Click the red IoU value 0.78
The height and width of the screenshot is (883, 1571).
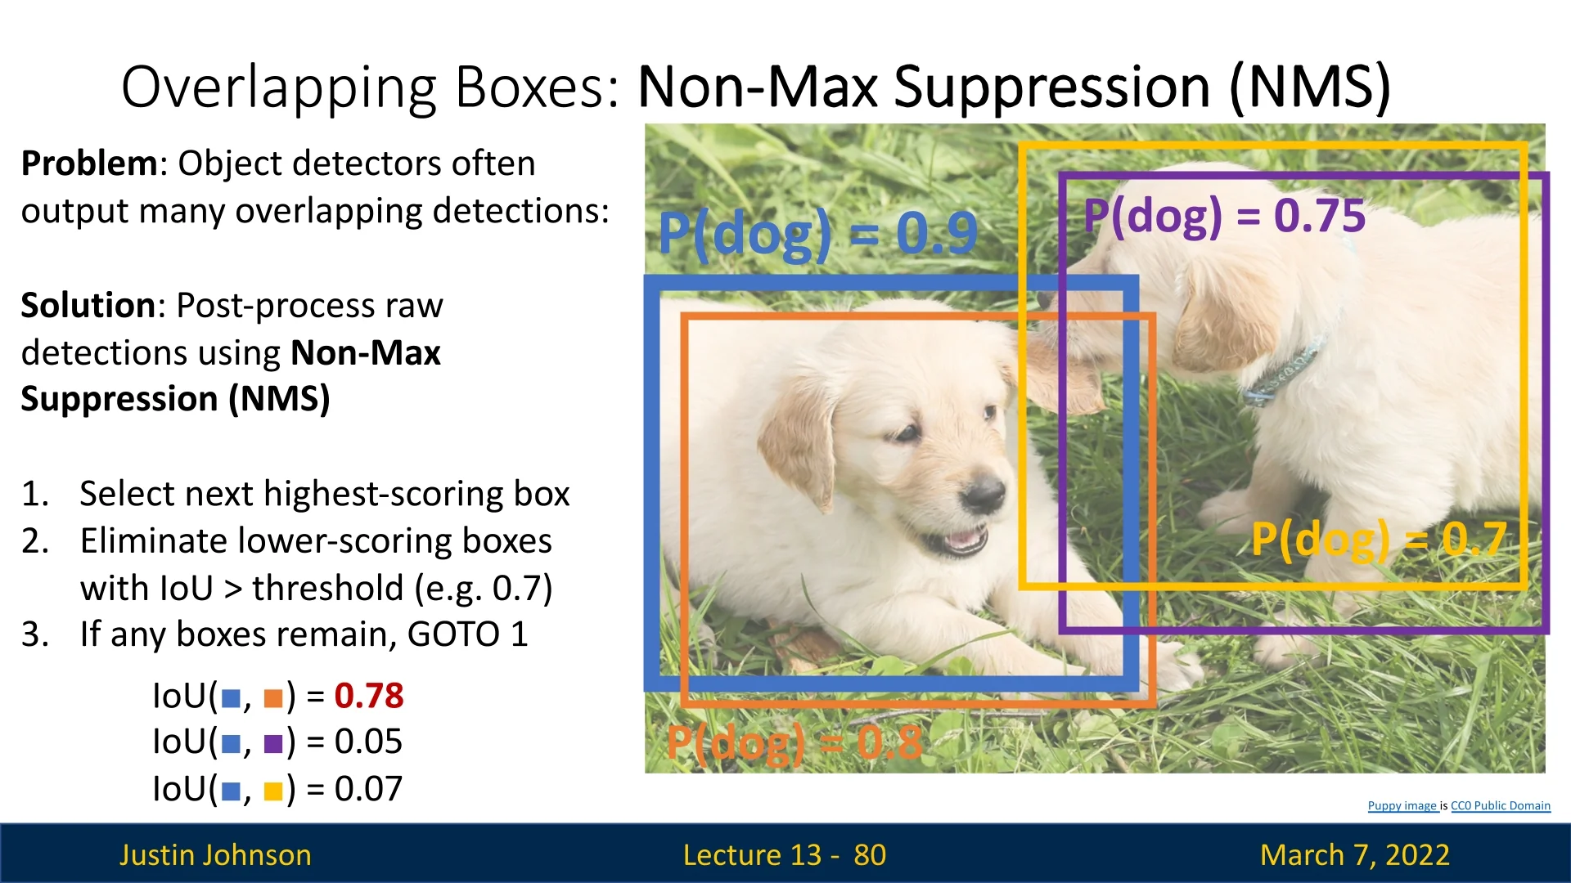(369, 696)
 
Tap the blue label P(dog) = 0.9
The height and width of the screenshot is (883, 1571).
(817, 234)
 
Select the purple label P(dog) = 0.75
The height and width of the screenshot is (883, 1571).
(1224, 217)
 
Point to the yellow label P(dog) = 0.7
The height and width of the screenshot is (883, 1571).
(1379, 540)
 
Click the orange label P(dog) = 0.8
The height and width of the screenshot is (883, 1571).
(794, 744)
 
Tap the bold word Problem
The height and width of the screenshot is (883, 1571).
(89, 164)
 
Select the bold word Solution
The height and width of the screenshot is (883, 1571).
(88, 306)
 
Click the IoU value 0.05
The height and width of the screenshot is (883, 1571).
(368, 742)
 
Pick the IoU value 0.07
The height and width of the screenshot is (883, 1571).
(368, 789)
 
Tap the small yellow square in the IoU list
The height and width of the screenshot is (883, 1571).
(273, 791)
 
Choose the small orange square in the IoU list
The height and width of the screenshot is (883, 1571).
(273, 698)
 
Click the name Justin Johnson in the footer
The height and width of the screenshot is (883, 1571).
(215, 855)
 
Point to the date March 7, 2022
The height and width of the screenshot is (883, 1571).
(1355, 855)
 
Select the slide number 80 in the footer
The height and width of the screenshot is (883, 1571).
(870, 855)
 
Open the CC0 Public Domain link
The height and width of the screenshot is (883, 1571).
(1501, 806)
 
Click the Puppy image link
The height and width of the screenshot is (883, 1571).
(1402, 806)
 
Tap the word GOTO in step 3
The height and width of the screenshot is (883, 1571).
(453, 634)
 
